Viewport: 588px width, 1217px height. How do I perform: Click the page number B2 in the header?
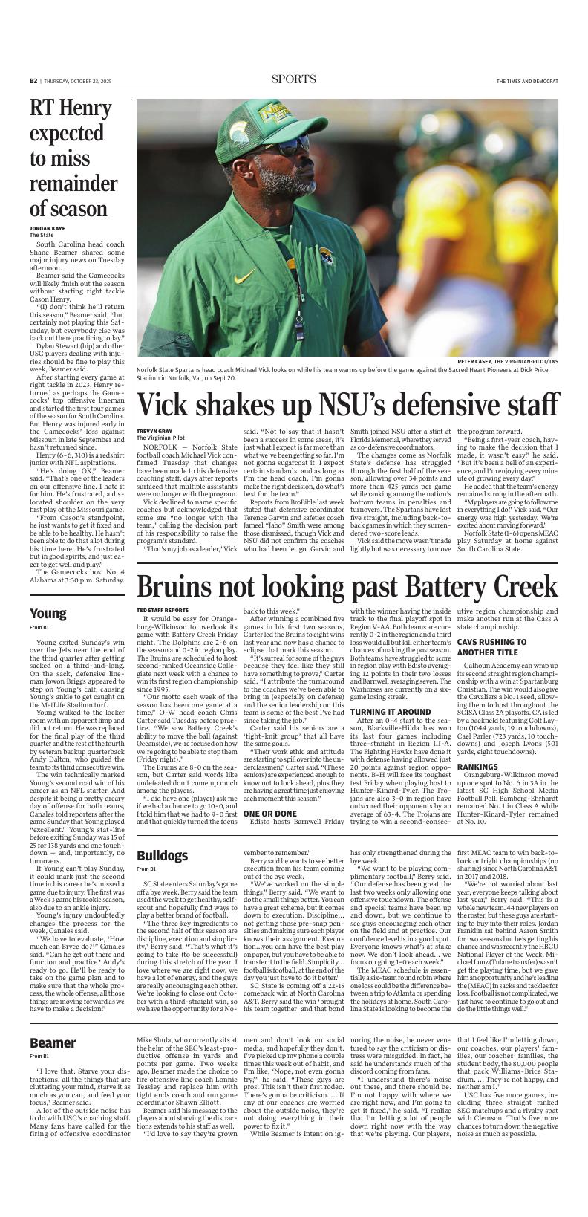pyautogui.click(x=33, y=81)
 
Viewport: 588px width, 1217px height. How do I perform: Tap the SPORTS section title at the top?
pyautogui.click(x=293, y=80)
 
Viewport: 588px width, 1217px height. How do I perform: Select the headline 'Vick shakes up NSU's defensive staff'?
pyautogui.click(x=347, y=404)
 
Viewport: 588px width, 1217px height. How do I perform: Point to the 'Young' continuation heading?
pyautogui.click(x=48, y=614)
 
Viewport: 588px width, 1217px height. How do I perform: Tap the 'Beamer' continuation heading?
pyautogui.click(x=53, y=1042)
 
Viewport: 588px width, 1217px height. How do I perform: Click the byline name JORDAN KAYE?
pyautogui.click(x=48, y=229)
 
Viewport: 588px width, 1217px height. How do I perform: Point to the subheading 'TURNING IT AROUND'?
pyautogui.click(x=391, y=712)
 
